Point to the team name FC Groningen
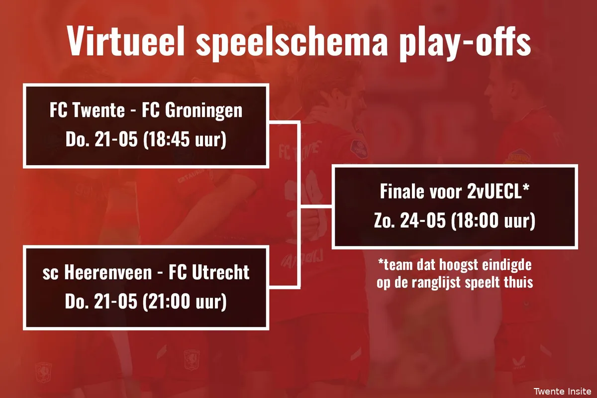pyautogui.click(x=192, y=110)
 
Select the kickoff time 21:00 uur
pyautogui.click(x=185, y=302)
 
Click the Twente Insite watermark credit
pyautogui.click(x=562, y=391)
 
